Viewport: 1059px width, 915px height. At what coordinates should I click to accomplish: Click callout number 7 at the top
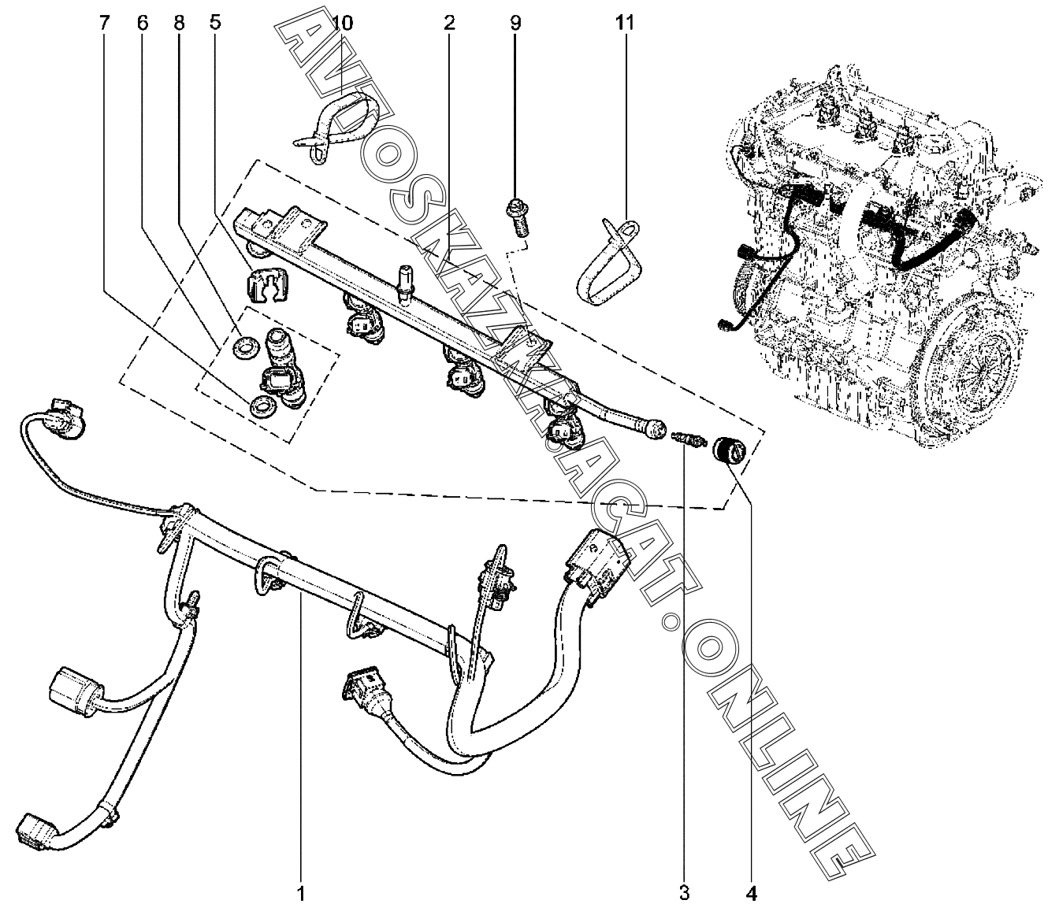103,23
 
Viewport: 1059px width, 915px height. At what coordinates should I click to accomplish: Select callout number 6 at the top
142,23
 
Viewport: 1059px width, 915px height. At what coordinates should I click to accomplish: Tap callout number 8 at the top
180,23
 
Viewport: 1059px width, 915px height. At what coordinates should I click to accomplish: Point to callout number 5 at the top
215,23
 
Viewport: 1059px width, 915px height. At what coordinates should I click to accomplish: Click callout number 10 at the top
342,23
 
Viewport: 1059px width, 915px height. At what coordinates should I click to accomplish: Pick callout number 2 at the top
448,23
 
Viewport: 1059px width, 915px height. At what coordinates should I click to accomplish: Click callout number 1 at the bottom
300,894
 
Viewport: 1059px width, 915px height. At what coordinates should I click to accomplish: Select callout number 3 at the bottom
684,894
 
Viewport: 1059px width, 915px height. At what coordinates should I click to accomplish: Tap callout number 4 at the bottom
751,894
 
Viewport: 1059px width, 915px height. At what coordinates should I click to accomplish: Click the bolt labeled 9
517,217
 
